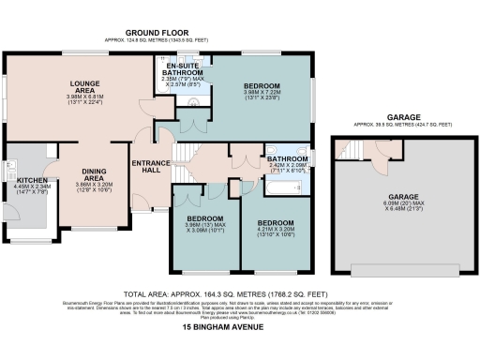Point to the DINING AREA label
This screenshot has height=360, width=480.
(93, 174)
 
